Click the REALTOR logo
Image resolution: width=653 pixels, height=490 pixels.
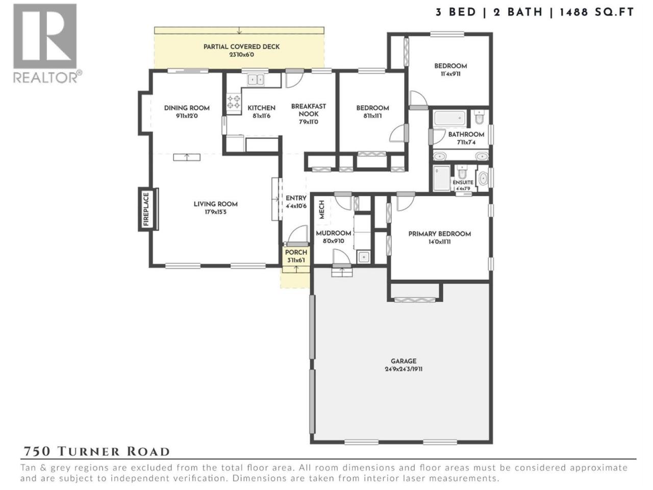(x=47, y=43)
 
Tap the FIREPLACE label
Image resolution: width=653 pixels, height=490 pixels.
(x=146, y=209)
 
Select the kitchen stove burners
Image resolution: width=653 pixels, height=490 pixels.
(x=234, y=102)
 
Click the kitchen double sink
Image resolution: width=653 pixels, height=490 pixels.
(x=256, y=80)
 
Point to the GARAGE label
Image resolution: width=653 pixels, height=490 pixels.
(x=404, y=361)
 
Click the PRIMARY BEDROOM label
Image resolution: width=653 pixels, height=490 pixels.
(x=439, y=234)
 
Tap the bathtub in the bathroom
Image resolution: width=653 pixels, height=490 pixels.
(x=449, y=118)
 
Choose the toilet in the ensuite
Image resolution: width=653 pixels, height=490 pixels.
(x=462, y=172)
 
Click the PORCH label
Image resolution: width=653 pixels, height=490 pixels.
(x=296, y=252)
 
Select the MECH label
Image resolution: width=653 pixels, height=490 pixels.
(x=321, y=209)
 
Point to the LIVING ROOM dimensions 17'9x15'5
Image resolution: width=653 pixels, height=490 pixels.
(x=215, y=212)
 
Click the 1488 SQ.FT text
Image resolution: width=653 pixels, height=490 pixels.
(x=597, y=12)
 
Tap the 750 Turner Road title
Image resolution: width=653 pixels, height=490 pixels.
(x=96, y=451)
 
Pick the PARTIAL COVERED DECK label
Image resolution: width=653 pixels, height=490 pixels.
(x=242, y=47)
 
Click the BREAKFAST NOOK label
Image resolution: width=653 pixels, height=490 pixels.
(x=309, y=110)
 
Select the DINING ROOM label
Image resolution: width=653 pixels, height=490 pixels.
(x=187, y=108)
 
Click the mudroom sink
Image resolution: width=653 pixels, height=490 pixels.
(x=364, y=257)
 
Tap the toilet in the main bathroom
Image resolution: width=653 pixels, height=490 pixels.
(x=479, y=117)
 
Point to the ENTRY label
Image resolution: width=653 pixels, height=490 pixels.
(x=296, y=198)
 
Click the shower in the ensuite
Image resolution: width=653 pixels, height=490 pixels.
(x=442, y=178)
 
